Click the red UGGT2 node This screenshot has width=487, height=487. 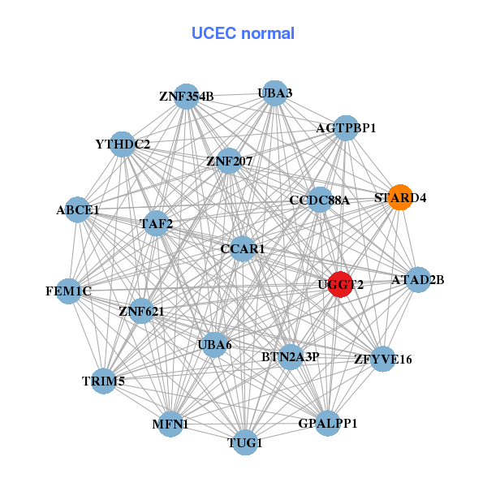pos(341,285)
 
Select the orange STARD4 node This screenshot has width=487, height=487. pos(399,197)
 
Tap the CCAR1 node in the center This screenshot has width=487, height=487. pos(243,248)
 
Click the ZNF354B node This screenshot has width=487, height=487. pos(187,97)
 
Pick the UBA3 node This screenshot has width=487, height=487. pos(275,93)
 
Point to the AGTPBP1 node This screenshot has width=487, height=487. pos(346,128)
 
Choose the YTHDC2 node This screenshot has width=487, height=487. pos(123,144)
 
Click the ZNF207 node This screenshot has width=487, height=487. pos(230,161)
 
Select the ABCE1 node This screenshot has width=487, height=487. pos(78,210)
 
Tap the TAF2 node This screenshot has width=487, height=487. pos(155,223)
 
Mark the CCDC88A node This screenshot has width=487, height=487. pos(319,200)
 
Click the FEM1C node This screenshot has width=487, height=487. pos(68,291)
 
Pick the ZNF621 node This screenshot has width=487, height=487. pos(141,310)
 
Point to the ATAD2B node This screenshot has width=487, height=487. pos(418,280)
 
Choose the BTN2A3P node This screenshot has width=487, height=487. pos(291,356)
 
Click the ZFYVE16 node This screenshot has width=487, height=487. pos(383,358)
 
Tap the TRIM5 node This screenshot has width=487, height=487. pos(103,381)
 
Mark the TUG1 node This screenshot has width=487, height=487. pos(246,442)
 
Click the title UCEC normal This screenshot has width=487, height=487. pos(243,34)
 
